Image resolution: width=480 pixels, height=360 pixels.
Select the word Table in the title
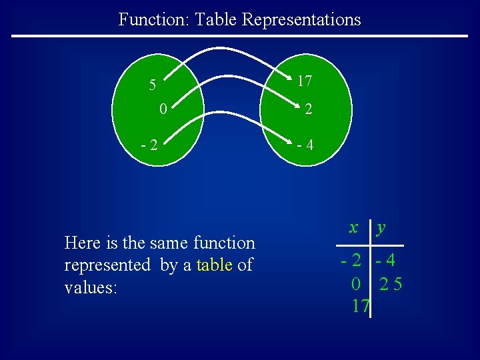217,19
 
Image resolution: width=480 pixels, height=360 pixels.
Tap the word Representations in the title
301,19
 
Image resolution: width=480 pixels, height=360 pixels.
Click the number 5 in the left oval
153,85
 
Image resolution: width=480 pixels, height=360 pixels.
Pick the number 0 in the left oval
163,108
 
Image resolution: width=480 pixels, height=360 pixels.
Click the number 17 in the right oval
305,81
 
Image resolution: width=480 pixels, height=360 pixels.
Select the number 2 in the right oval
307,110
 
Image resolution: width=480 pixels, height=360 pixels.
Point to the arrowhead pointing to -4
287,143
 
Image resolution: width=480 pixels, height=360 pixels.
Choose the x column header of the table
353,227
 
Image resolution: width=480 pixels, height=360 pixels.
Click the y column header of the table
381,228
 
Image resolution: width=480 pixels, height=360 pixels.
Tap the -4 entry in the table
385,261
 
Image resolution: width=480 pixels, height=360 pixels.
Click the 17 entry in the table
361,306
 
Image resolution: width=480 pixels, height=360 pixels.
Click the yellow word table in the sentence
215,265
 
